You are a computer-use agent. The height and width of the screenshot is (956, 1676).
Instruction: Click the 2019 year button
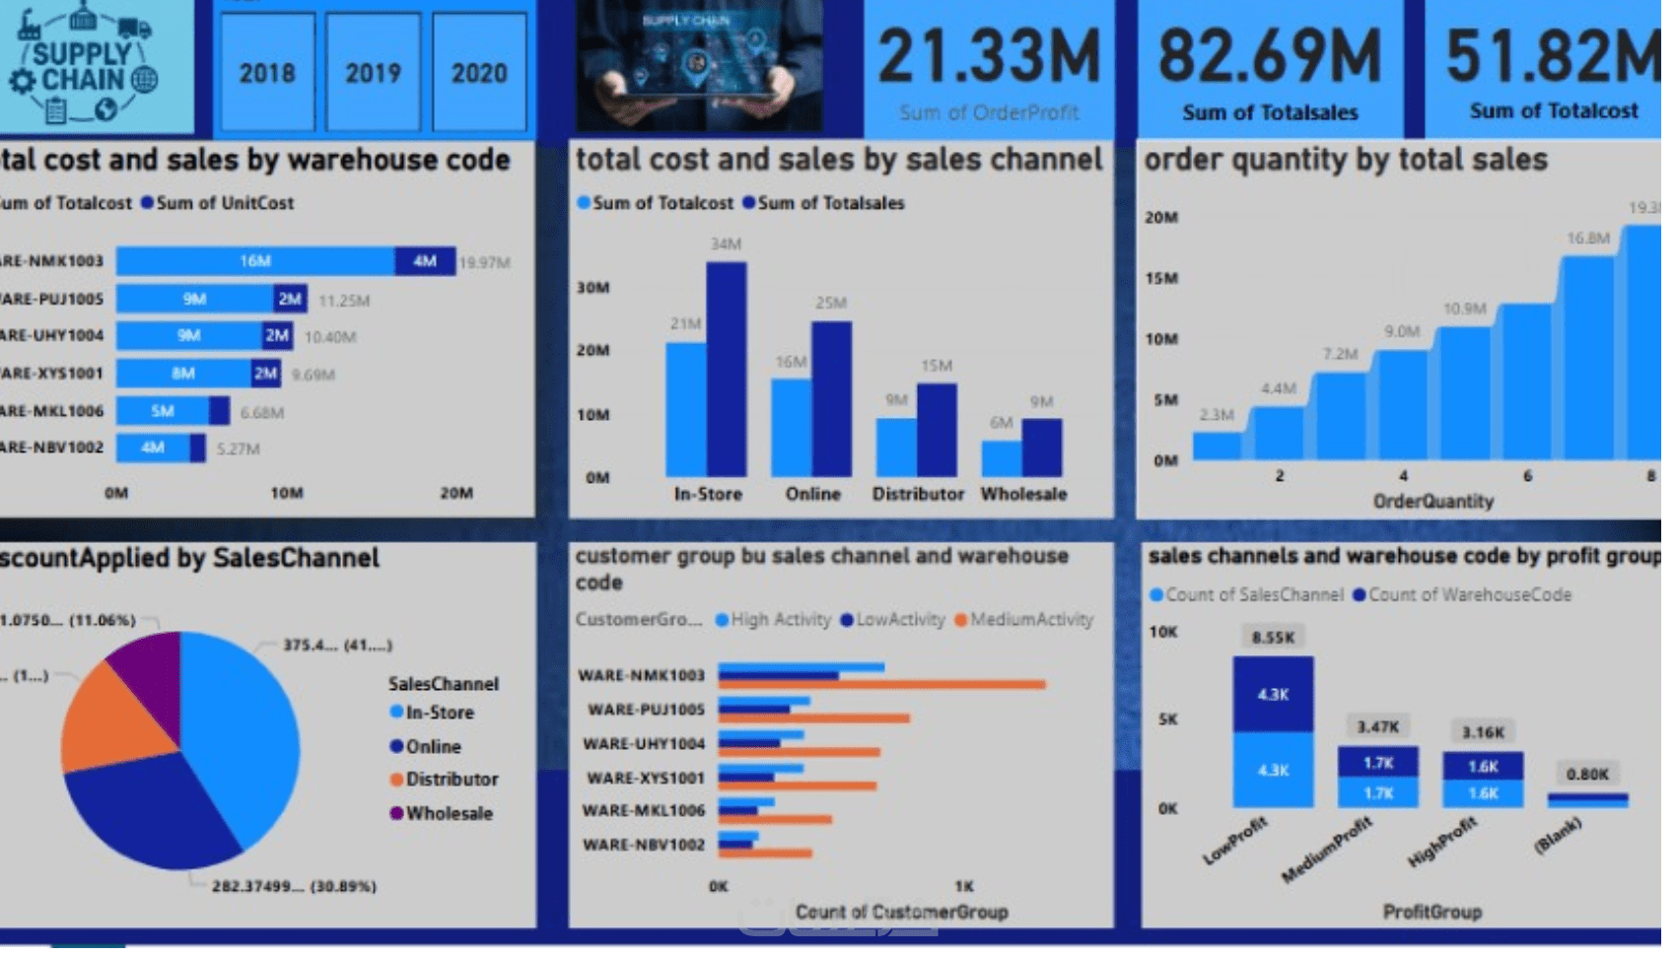tap(373, 73)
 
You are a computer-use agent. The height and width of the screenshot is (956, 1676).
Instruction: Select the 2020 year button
tap(479, 73)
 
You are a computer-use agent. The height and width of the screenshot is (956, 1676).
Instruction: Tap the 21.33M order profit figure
tap(989, 57)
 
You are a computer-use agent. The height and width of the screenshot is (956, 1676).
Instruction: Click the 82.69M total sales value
tap(1270, 57)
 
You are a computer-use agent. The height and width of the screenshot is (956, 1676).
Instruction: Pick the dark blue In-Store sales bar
tap(727, 370)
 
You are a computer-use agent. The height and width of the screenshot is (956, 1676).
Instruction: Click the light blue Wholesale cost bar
tap(1002, 458)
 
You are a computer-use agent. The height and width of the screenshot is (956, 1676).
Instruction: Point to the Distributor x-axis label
tap(918, 495)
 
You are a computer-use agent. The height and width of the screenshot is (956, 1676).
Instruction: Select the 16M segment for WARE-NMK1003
tap(255, 261)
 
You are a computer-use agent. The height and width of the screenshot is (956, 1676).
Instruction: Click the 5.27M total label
tap(239, 449)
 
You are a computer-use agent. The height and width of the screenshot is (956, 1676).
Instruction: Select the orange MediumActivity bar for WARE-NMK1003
tap(882, 684)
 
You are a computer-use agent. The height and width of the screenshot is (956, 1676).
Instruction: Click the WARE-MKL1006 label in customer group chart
tap(644, 810)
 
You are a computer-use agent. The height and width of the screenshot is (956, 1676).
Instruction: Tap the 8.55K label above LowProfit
tap(1273, 638)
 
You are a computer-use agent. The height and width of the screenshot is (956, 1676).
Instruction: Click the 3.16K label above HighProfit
tap(1483, 732)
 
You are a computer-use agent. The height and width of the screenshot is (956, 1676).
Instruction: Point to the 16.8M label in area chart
tap(1587, 239)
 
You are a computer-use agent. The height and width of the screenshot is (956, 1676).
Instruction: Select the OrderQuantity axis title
tap(1432, 502)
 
